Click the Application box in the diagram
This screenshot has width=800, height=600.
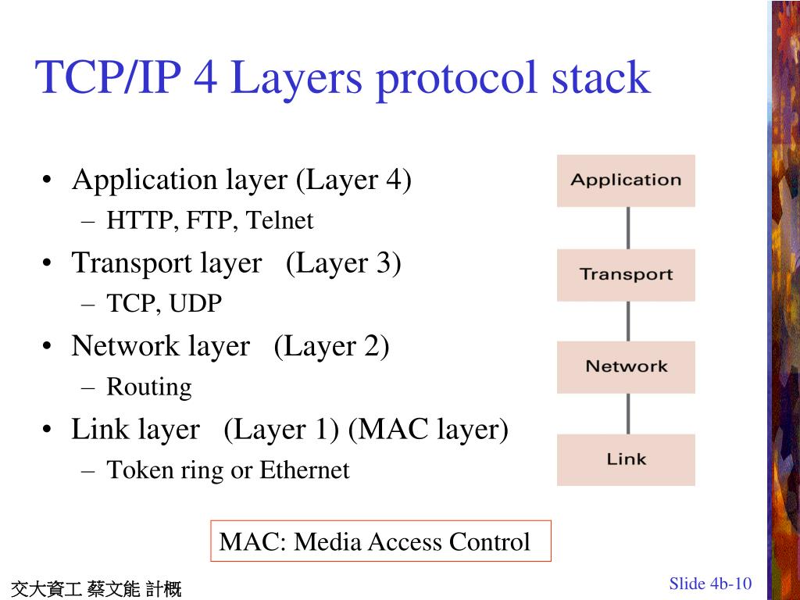tap(626, 180)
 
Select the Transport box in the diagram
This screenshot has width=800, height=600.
tap(626, 274)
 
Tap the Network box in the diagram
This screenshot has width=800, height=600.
tap(626, 366)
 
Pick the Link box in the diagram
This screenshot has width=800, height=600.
tap(626, 459)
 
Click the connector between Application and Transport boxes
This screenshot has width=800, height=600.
tap(628, 227)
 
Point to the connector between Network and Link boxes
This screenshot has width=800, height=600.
tap(628, 413)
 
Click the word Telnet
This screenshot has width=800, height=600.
tap(280, 221)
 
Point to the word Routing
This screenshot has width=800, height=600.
tap(148, 387)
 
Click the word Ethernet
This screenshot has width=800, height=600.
tap(305, 470)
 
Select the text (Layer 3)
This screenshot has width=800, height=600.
tap(344, 263)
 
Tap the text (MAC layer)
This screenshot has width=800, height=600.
tap(428, 430)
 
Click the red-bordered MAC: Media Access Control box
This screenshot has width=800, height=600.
tap(380, 541)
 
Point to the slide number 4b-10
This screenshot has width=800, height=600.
tap(730, 584)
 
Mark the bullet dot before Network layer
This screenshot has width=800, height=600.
tap(48, 347)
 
